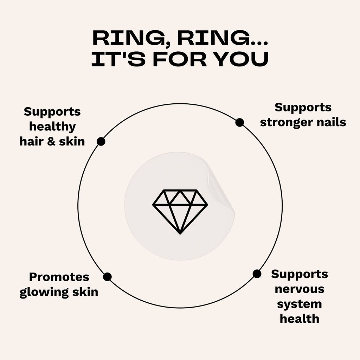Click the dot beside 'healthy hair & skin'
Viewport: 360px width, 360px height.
coord(101,141)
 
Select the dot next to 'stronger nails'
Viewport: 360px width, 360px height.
coord(239,122)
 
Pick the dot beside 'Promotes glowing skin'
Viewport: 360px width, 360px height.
coord(107,277)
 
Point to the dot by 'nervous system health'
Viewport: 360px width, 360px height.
coord(257,274)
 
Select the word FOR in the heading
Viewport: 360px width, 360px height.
coord(180,59)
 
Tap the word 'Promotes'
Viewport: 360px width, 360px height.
coord(59,277)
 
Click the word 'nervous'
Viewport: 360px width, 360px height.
coord(300,289)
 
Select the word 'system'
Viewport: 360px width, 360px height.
coord(300,304)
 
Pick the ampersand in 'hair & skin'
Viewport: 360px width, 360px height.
coord(51,141)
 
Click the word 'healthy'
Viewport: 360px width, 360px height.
coord(52,127)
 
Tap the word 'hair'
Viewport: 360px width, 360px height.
coord(32,141)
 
